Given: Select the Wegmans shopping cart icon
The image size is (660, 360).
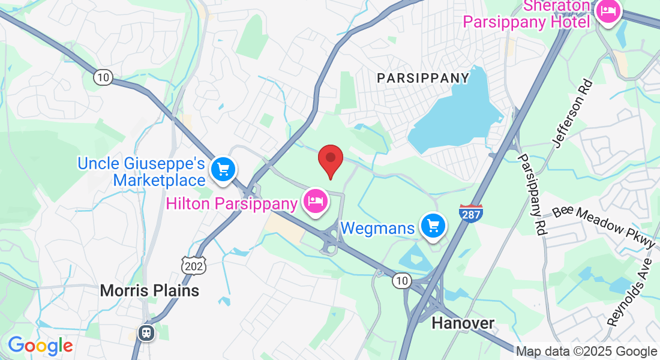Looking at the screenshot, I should (x=433, y=226).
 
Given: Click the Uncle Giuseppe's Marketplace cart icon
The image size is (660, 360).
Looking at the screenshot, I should (x=224, y=170).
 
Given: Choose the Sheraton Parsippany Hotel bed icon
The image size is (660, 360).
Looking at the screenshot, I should (x=608, y=11).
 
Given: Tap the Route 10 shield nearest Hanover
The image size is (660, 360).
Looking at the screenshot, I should (x=401, y=280).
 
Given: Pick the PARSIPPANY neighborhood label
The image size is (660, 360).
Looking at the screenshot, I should (x=423, y=78).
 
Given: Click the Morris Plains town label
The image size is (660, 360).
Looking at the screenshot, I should (x=149, y=291).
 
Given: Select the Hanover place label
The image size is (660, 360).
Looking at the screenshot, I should (x=463, y=323).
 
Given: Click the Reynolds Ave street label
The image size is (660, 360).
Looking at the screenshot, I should (x=629, y=293).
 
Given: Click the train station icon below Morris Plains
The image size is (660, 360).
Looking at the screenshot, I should (x=146, y=332).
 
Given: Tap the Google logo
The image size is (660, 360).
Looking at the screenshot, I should (x=40, y=345).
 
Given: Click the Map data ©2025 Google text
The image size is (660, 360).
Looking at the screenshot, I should (x=586, y=352).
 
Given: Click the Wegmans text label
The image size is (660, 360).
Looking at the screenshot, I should (x=378, y=229).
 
